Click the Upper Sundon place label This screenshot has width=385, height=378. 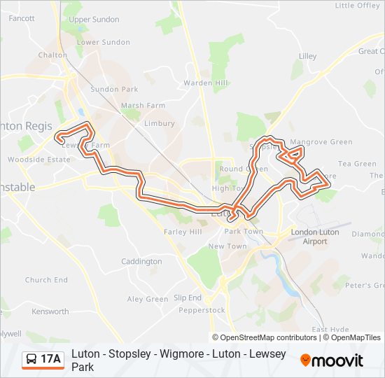click(94, 20)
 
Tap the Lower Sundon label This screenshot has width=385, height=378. click(103, 42)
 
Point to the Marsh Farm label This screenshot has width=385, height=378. click(143, 106)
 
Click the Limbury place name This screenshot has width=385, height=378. click(159, 123)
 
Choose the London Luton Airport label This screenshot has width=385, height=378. click(314, 237)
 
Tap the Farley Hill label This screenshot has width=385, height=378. click(182, 232)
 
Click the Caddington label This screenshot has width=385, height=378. click(141, 262)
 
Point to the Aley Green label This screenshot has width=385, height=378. click(147, 299)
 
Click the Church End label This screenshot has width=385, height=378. click(46, 280)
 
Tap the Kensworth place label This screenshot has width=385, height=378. click(50, 311)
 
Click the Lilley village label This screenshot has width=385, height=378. click(307, 56)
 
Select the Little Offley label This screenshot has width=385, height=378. click(358, 6)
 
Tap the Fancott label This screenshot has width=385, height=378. click(22, 18)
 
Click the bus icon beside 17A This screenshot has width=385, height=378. click(31, 359)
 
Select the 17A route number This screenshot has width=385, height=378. click(51, 359)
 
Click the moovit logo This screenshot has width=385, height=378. click(332, 360)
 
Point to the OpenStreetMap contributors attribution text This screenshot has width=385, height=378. click(264, 337)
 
